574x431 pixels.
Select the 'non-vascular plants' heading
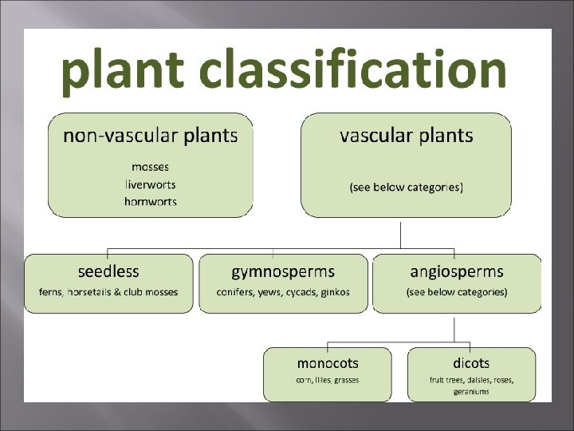pyautogui.click(x=150, y=136)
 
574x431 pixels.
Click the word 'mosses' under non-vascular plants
pyautogui.click(x=150, y=168)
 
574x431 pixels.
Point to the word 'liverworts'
pyautogui.click(x=150, y=184)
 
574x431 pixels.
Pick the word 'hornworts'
pyautogui.click(x=150, y=201)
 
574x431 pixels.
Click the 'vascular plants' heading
pyautogui.click(x=406, y=136)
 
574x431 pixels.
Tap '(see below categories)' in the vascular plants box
pyautogui.click(x=406, y=188)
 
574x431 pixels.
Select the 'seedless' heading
pyautogui.click(x=108, y=271)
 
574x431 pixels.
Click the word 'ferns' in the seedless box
pyautogui.click(x=51, y=292)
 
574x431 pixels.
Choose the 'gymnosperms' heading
pyautogui.click(x=283, y=271)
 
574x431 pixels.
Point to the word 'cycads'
pyautogui.click(x=301, y=292)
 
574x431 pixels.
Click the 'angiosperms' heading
pyautogui.click(x=456, y=271)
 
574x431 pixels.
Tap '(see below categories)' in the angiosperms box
pyautogui.click(x=456, y=292)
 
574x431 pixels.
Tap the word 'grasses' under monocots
pyautogui.click(x=346, y=380)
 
